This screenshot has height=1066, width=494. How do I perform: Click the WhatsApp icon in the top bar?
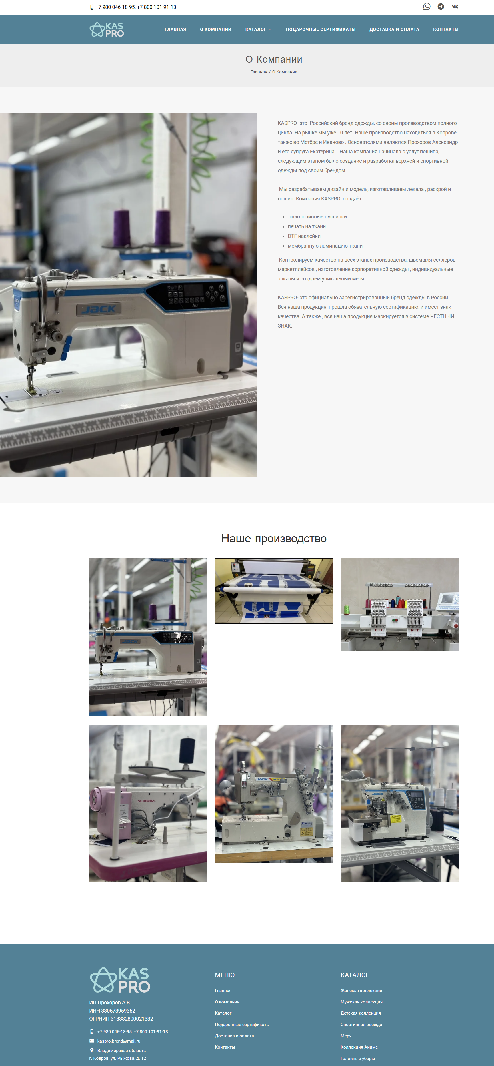click(x=427, y=7)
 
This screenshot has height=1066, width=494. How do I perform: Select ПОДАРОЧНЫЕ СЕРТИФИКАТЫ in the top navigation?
click(x=321, y=29)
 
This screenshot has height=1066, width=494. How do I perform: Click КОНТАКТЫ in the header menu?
click(x=446, y=29)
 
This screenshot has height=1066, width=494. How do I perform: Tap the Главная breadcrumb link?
click(x=259, y=72)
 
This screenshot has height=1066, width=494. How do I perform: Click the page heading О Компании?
click(x=274, y=59)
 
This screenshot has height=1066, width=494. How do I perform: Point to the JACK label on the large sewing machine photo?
click(x=99, y=309)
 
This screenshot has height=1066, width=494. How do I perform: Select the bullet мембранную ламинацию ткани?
click(x=325, y=246)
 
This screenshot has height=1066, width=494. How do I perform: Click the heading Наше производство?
click(x=274, y=538)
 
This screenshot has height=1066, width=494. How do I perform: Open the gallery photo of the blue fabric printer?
click(x=274, y=591)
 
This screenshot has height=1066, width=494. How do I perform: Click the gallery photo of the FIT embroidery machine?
click(x=400, y=605)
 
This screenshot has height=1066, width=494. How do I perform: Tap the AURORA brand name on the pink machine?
click(x=146, y=801)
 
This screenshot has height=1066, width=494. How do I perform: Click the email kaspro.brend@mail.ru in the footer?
click(x=119, y=1041)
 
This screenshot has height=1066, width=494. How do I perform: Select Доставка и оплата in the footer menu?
click(x=234, y=1036)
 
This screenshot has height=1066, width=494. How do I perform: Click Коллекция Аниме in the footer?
click(x=359, y=1047)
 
